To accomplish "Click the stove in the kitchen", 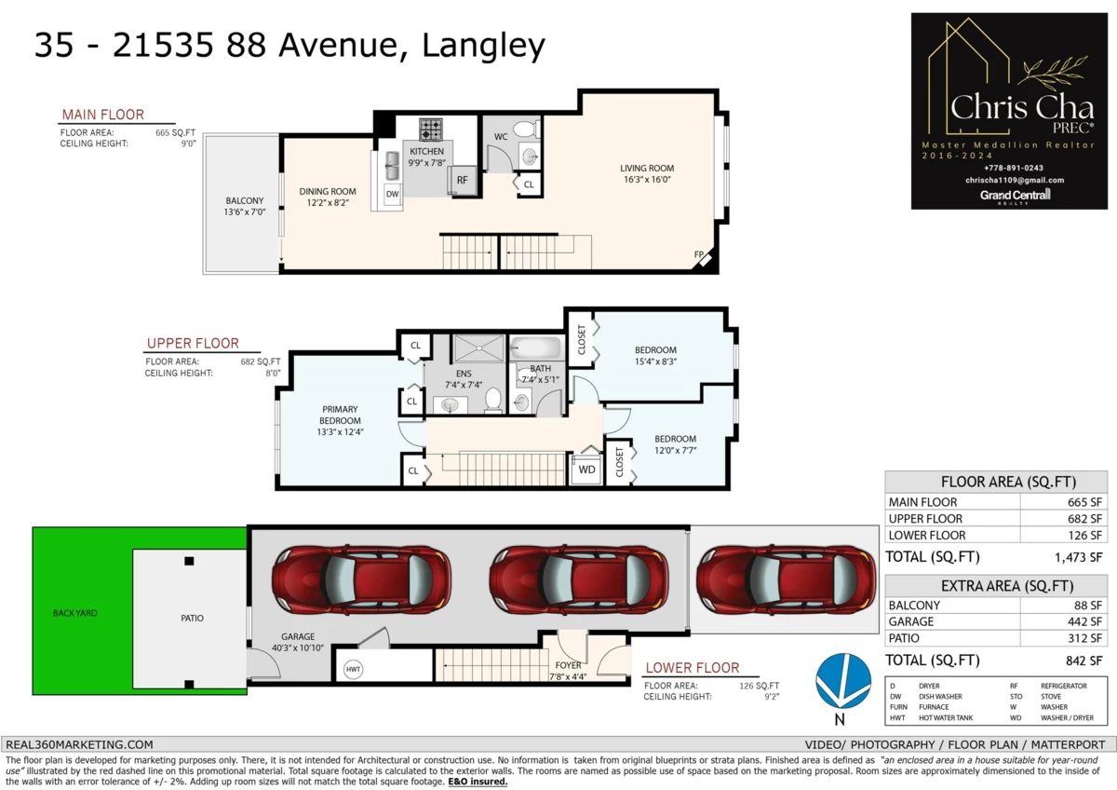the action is (430, 129).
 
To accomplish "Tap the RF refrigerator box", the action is (463, 180).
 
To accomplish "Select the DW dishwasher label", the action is (393, 194).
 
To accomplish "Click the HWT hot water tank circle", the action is (353, 669).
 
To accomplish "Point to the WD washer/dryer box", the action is (586, 470).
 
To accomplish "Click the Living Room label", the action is (647, 173).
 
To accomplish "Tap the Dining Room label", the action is (328, 197).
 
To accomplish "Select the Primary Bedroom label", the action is (340, 420).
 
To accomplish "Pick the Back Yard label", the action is (74, 613).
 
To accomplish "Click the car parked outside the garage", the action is (786, 579).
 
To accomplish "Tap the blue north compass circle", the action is (843, 681).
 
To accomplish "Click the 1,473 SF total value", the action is (1078, 557).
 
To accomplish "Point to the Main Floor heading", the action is (102, 115).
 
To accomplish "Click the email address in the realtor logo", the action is (1015, 180).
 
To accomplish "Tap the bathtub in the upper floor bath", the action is (536, 347).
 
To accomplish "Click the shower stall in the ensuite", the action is (478, 347).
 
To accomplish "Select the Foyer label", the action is (568, 671).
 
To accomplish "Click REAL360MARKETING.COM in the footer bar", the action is (79, 744).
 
